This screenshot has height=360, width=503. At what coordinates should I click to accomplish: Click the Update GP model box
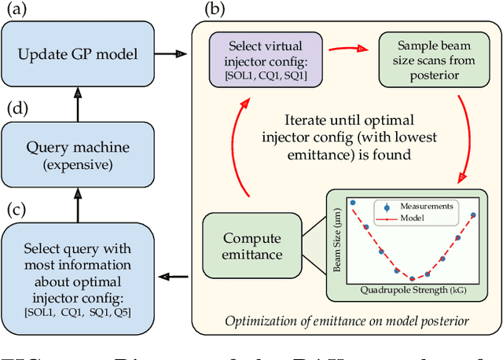click(x=79, y=54)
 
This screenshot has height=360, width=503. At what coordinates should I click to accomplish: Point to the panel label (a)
click(x=17, y=12)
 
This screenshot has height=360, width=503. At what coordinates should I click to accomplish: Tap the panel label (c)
click(x=17, y=210)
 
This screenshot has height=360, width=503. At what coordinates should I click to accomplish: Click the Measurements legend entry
click(x=423, y=206)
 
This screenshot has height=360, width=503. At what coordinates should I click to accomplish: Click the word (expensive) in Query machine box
click(x=79, y=167)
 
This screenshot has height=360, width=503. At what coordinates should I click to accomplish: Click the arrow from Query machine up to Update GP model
click(x=79, y=102)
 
